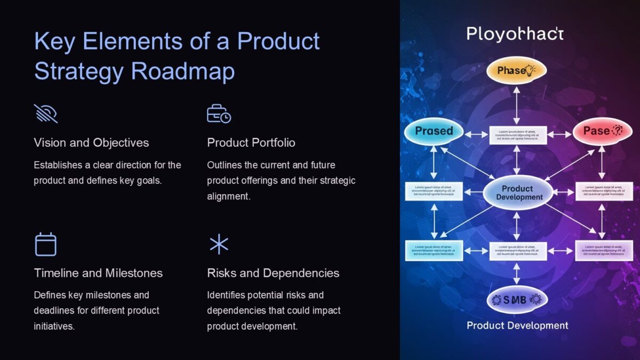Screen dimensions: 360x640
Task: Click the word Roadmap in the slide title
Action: point(182,71)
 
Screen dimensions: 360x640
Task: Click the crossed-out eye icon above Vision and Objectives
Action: point(46,114)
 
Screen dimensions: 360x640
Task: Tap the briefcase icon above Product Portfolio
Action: point(219,114)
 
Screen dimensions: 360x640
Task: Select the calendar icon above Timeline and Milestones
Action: point(46,244)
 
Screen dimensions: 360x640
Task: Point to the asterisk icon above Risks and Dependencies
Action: point(219,244)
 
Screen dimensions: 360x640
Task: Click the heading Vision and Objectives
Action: point(91,143)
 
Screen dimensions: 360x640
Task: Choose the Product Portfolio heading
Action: point(251,143)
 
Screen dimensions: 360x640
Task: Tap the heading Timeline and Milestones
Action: point(98,273)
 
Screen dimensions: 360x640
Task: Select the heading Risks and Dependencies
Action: point(273,273)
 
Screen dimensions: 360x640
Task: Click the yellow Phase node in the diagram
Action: point(516,70)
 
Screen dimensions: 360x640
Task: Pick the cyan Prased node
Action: point(434,131)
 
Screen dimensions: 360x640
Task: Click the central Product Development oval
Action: point(517,193)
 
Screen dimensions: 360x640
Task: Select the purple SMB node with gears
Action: point(516,300)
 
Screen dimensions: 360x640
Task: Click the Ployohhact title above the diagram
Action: point(515,34)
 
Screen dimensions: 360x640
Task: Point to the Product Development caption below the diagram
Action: point(517,325)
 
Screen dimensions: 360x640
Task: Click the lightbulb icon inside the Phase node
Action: point(530,70)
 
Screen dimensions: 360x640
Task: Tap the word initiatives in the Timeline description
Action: point(54,326)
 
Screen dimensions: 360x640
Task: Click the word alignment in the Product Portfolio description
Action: point(228,196)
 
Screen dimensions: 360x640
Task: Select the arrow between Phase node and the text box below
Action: point(516,105)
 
